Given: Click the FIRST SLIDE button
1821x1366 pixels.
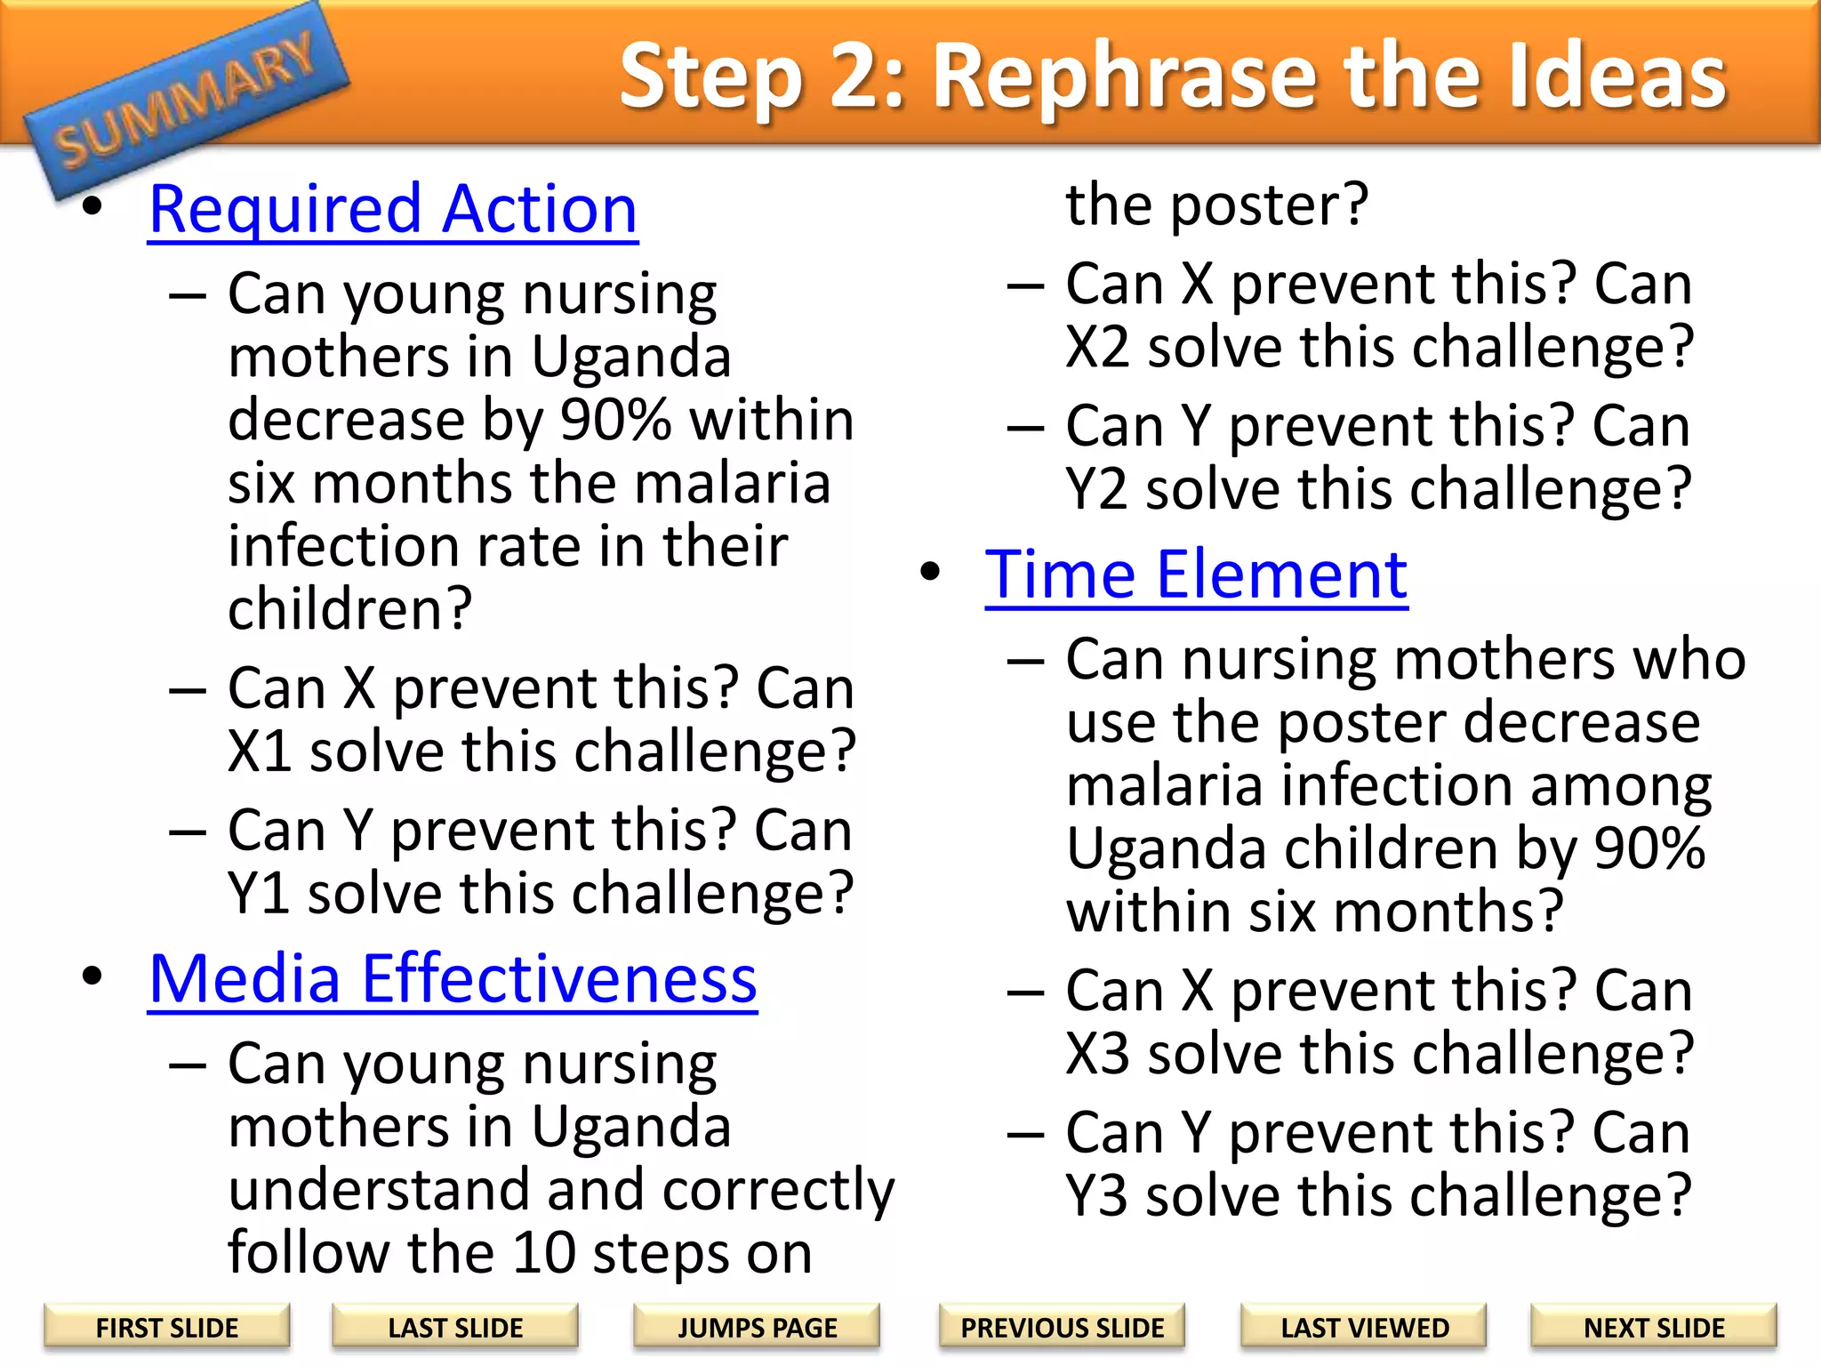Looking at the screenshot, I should pyautogui.click(x=167, y=1328).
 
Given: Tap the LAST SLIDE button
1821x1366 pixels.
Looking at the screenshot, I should pyautogui.click(x=455, y=1328).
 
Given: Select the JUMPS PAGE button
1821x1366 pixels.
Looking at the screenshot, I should pyautogui.click(x=757, y=1328).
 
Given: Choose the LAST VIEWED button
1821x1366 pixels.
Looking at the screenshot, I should pyautogui.click(x=1365, y=1328).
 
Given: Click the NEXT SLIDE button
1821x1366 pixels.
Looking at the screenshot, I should pyautogui.click(x=1654, y=1328).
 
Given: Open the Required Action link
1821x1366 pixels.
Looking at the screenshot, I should pyautogui.click(x=393, y=209).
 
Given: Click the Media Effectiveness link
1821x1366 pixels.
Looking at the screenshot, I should pyautogui.click(x=453, y=978).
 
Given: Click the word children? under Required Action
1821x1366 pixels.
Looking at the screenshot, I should pyautogui.click(x=349, y=609).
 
